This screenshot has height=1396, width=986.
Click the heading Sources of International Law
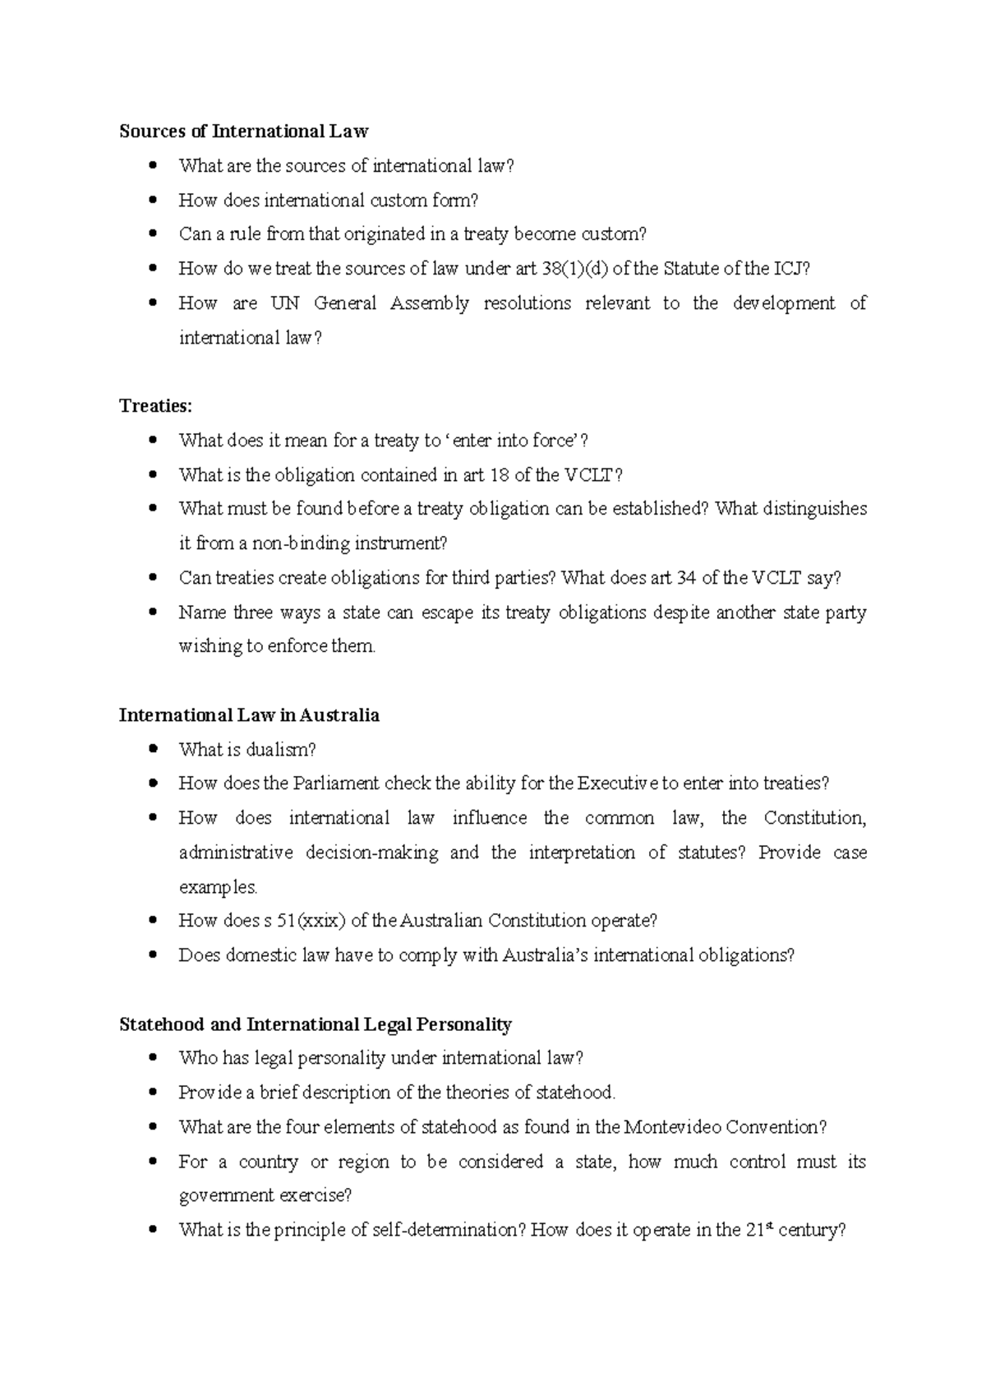pos(243,132)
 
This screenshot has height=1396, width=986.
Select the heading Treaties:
pos(155,406)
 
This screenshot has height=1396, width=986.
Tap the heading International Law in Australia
pos(249,715)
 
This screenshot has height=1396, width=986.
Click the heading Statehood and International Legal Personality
pos(315,1024)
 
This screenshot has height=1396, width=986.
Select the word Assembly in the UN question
pos(429,303)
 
